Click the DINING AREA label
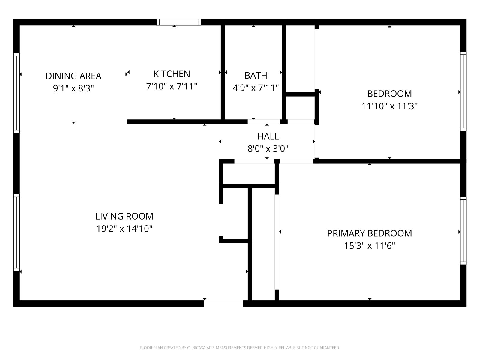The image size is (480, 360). [73, 76]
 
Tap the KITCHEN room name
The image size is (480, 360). [172, 74]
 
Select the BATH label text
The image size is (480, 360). [256, 76]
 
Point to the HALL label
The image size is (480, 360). [268, 136]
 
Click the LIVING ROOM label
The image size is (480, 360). [124, 216]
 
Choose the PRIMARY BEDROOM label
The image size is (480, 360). [370, 233]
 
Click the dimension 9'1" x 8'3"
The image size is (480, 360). [73, 88]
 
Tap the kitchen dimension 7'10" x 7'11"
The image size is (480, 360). [172, 87]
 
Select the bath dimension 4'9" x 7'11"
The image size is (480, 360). [256, 88]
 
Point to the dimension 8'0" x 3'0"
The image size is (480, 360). [268, 149]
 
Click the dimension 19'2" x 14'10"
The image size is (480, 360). [124, 229]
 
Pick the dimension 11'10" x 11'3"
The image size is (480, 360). [389, 106]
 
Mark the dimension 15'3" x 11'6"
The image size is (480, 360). [370, 246]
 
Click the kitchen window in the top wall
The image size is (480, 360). [179, 22]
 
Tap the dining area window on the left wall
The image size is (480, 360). [16, 93]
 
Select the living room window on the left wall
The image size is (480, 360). [16, 233]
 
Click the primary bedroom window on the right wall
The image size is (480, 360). [463, 231]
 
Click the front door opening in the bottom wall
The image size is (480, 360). [223, 303]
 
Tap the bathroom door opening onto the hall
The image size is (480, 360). [264, 122]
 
